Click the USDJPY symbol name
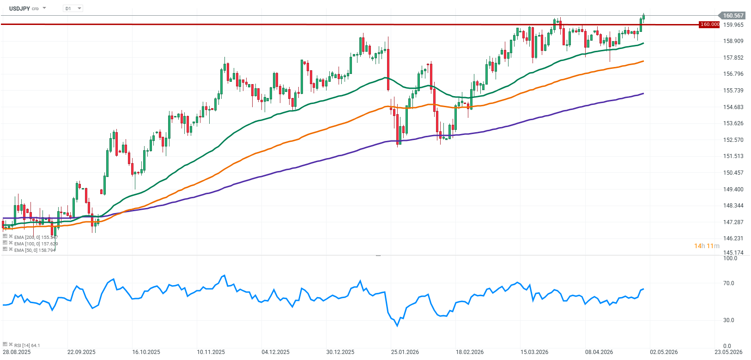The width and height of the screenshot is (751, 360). (x=19, y=8)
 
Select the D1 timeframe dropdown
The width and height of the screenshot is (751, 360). (x=73, y=8)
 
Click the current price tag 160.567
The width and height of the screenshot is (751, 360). (x=733, y=16)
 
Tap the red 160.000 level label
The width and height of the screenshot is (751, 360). (x=709, y=24)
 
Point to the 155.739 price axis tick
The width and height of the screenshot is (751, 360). (x=733, y=91)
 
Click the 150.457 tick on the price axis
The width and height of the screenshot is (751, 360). (x=733, y=173)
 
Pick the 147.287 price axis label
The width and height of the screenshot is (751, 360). (x=733, y=222)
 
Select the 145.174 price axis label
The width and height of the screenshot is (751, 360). (x=733, y=253)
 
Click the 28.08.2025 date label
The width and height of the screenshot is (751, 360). (x=17, y=352)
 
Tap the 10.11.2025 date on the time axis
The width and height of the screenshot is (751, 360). (x=211, y=352)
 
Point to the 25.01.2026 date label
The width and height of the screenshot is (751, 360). (x=405, y=352)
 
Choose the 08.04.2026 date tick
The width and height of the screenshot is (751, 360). (x=599, y=352)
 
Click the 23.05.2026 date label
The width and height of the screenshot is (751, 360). (x=728, y=352)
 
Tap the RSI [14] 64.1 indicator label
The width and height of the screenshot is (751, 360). (x=27, y=345)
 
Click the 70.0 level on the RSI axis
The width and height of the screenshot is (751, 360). (x=729, y=283)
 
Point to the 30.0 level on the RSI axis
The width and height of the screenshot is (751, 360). (x=729, y=320)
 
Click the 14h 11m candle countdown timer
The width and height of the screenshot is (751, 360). (x=707, y=246)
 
